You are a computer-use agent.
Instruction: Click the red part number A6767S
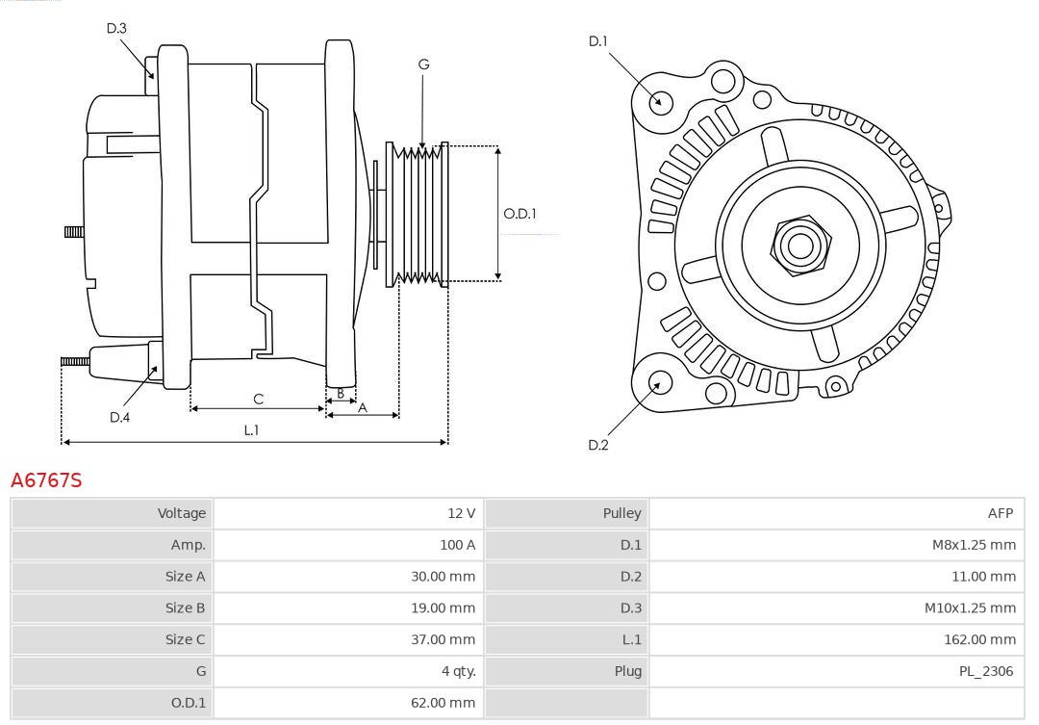tap(46, 479)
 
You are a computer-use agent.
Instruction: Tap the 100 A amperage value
tap(457, 545)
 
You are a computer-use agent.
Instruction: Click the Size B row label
tap(185, 608)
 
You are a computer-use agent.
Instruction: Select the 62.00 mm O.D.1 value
tap(443, 703)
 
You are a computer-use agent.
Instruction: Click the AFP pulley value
tap(1000, 513)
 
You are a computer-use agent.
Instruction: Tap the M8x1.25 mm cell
tap(974, 545)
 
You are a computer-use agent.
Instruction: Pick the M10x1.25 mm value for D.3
tap(970, 608)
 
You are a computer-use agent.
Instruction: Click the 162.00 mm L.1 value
tap(979, 639)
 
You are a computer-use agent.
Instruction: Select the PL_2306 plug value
tap(986, 671)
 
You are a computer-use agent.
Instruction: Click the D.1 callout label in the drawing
tap(598, 40)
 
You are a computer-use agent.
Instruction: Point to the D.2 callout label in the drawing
tap(598, 445)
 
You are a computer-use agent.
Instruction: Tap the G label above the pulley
tap(423, 65)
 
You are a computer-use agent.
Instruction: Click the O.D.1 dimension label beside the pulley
tap(519, 214)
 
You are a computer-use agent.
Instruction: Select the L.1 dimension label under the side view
tap(250, 430)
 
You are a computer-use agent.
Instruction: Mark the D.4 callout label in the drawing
tap(119, 417)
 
